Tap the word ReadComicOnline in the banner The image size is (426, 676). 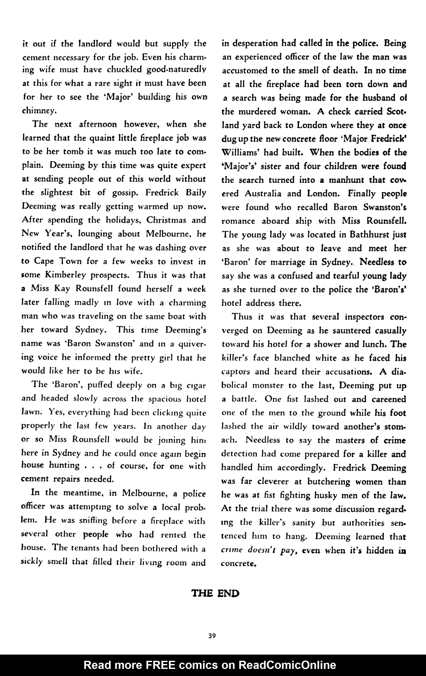pyautogui.click(x=287, y=665)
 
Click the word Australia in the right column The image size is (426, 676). pyautogui.click(x=263, y=193)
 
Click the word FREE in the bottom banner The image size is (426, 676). pyautogui.click(x=160, y=665)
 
